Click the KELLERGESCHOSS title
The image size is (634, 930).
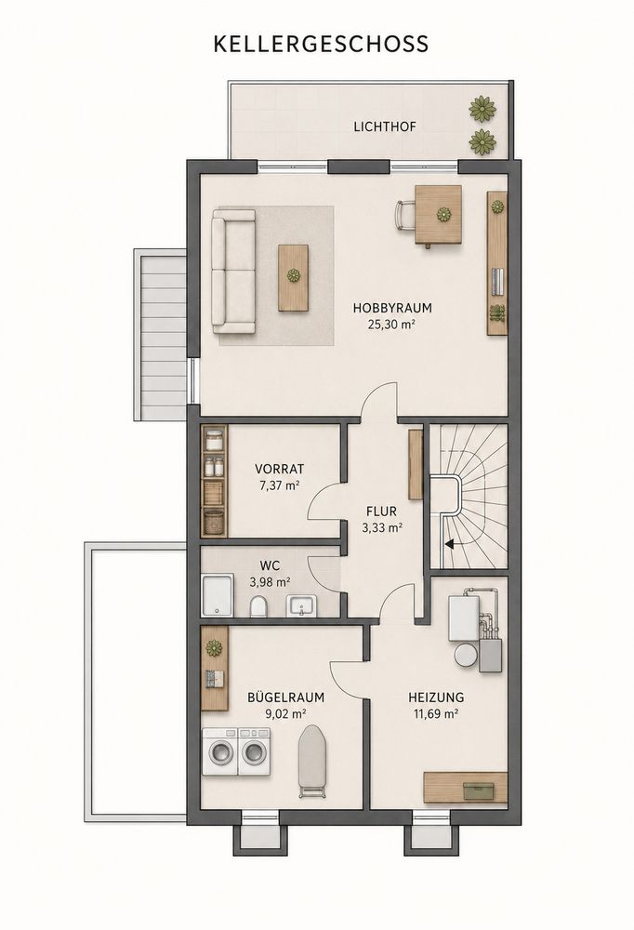click(321, 45)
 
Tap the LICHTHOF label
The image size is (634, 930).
click(385, 126)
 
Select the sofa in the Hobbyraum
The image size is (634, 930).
click(233, 271)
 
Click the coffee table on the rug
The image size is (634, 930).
click(293, 277)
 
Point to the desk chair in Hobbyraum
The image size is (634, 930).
click(405, 215)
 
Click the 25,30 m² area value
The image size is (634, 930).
click(392, 324)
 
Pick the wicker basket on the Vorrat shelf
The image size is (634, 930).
click(214, 521)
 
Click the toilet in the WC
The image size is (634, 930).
click(258, 606)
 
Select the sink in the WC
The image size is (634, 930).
click(303, 606)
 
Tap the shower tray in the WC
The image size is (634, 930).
click(218, 595)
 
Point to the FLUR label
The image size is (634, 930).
click(381, 511)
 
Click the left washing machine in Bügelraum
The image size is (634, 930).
click(219, 751)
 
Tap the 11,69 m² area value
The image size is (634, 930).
click(435, 714)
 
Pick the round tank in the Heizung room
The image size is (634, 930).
click(467, 656)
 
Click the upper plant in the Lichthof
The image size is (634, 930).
click(482, 107)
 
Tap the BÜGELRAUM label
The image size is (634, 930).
click(286, 697)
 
